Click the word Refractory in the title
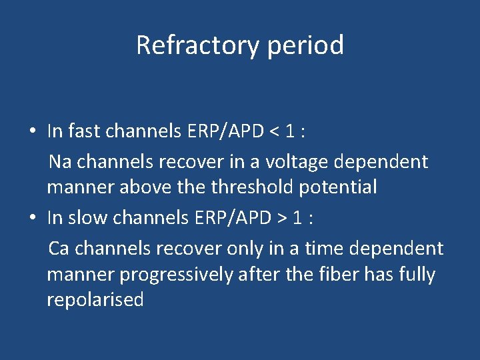187,45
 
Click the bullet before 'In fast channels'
33,131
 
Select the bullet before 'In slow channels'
33,218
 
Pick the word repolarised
95,300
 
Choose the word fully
415,275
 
